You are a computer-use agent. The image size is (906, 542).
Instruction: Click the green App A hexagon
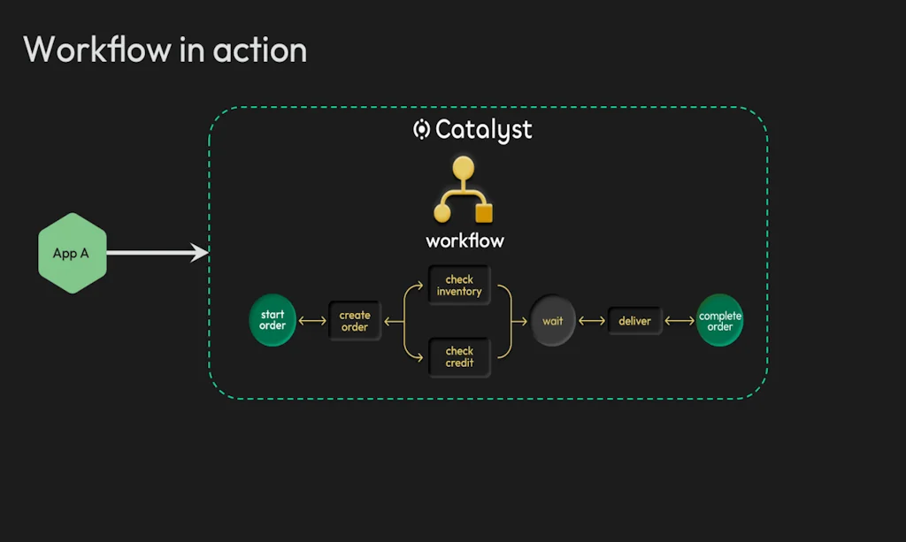[72, 253]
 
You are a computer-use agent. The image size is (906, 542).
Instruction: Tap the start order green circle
[273, 320]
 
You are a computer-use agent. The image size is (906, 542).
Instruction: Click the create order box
[355, 321]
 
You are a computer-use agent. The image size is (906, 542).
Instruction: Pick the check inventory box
[459, 286]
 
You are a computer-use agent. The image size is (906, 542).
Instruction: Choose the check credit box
[459, 357]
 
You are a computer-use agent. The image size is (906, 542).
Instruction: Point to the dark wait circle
[553, 321]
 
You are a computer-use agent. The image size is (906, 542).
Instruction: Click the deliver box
[634, 321]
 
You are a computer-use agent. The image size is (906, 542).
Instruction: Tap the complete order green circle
[720, 320]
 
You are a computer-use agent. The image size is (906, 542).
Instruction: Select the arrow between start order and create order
[313, 321]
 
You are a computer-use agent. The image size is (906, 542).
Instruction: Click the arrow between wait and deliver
[592, 321]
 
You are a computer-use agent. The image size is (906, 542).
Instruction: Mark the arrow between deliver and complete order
[679, 321]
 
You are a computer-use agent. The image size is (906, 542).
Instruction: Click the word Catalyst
[484, 130]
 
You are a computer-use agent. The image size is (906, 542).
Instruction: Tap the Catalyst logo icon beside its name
[422, 129]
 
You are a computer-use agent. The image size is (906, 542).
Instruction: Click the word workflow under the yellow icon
[465, 240]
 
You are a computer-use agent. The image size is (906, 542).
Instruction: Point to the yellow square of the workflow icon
[484, 213]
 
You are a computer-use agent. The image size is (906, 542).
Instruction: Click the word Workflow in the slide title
[96, 49]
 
